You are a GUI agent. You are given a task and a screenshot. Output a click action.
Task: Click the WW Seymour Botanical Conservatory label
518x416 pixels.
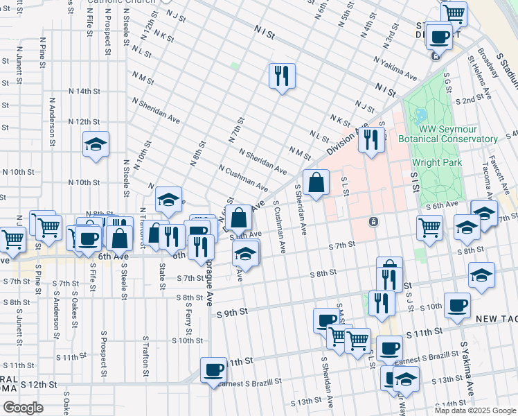point(458,135)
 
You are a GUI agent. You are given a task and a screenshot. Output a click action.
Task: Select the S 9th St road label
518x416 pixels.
point(231,313)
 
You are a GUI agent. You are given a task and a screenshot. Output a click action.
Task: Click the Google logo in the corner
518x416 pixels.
point(22,408)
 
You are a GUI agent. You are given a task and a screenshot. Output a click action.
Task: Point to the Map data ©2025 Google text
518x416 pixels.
point(475,410)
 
